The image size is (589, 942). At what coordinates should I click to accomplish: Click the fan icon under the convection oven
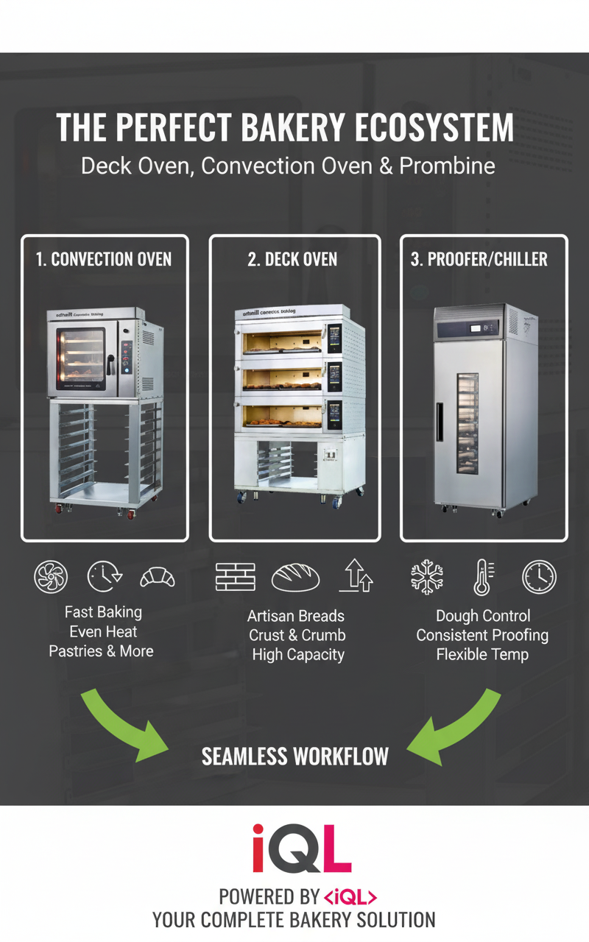click(x=51, y=576)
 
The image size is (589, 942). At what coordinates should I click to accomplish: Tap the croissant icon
click(x=158, y=577)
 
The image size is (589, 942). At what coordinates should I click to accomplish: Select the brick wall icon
click(x=235, y=577)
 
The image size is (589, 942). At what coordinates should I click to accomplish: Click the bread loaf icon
click(x=295, y=577)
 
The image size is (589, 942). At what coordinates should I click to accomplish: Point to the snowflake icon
click(x=427, y=576)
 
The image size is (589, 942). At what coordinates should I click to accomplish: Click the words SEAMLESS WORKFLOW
click(x=294, y=756)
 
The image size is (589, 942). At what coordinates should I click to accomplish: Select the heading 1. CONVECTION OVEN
click(x=104, y=259)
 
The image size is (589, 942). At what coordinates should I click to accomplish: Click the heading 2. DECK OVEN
click(x=294, y=259)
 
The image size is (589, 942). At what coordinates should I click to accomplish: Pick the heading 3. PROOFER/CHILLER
click(x=483, y=259)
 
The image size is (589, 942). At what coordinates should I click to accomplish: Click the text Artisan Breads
click(x=296, y=616)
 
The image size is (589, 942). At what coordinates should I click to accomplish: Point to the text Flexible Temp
click(x=482, y=654)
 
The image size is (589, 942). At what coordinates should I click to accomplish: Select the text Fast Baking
click(x=103, y=612)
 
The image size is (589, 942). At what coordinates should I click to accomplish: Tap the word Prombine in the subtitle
click(x=447, y=166)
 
